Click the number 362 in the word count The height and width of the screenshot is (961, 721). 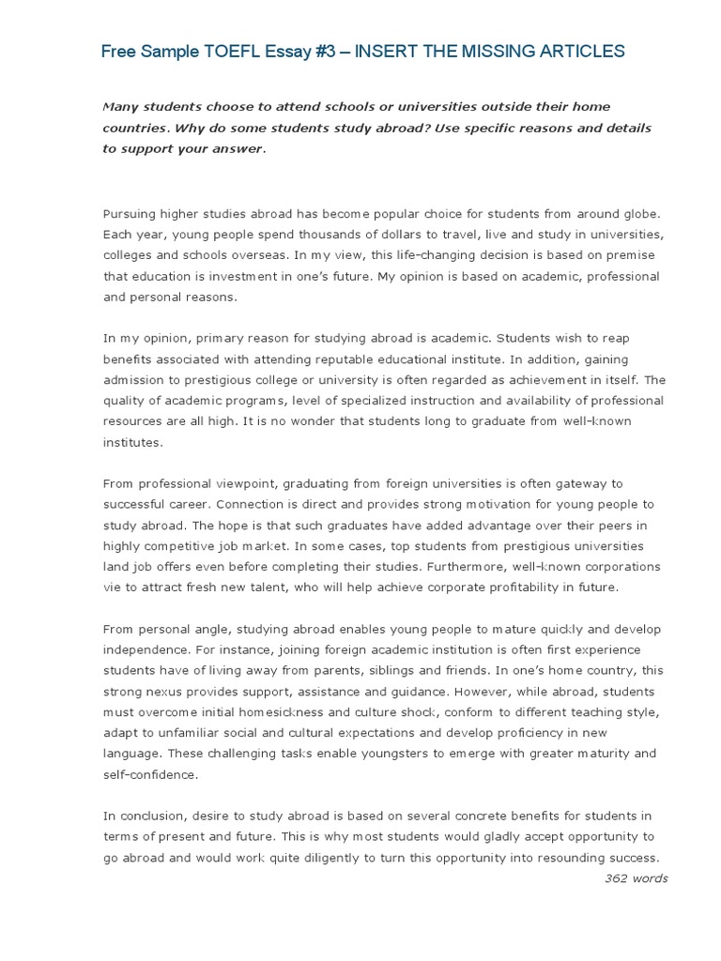pos(619,878)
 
